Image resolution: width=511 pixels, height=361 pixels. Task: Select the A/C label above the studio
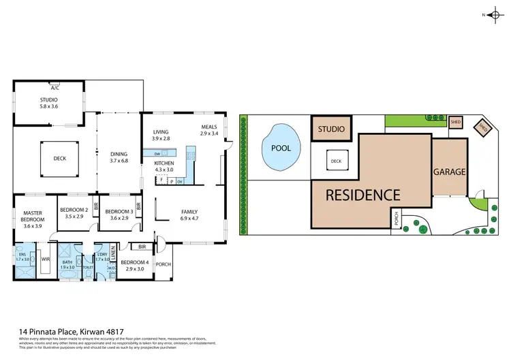[54, 88]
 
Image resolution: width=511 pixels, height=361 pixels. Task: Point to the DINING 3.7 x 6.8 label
[119, 158]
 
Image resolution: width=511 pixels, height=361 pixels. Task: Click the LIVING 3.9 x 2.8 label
[161, 135]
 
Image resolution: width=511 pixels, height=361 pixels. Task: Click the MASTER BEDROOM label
[33, 217]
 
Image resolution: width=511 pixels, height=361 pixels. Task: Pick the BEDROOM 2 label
[73, 213]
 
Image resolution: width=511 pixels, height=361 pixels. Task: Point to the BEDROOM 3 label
[119, 215]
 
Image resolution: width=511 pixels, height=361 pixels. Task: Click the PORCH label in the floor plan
[163, 264]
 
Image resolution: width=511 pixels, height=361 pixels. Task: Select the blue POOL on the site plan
[280, 148]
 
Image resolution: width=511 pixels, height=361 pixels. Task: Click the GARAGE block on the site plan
[450, 172]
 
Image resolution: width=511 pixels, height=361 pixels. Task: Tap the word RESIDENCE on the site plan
[362, 195]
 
